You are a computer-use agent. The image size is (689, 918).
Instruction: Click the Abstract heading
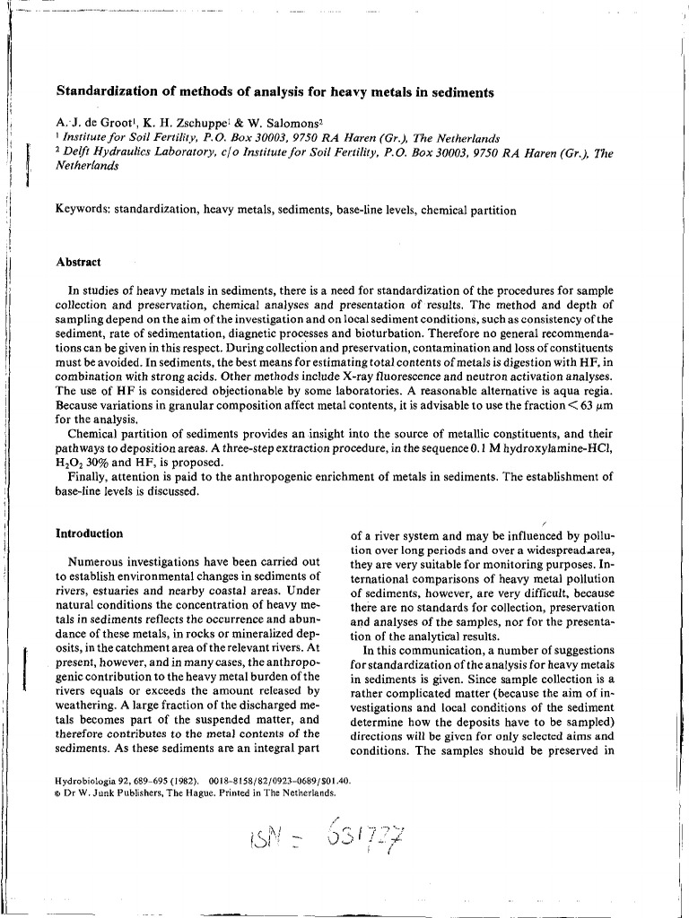[x=78, y=263]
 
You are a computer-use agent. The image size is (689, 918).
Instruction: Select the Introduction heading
[x=89, y=533]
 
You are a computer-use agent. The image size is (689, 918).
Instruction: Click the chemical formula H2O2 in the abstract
[x=69, y=463]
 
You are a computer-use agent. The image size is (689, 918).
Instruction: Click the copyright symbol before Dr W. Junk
[x=58, y=792]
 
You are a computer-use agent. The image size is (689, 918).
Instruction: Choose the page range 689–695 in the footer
[x=148, y=781]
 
